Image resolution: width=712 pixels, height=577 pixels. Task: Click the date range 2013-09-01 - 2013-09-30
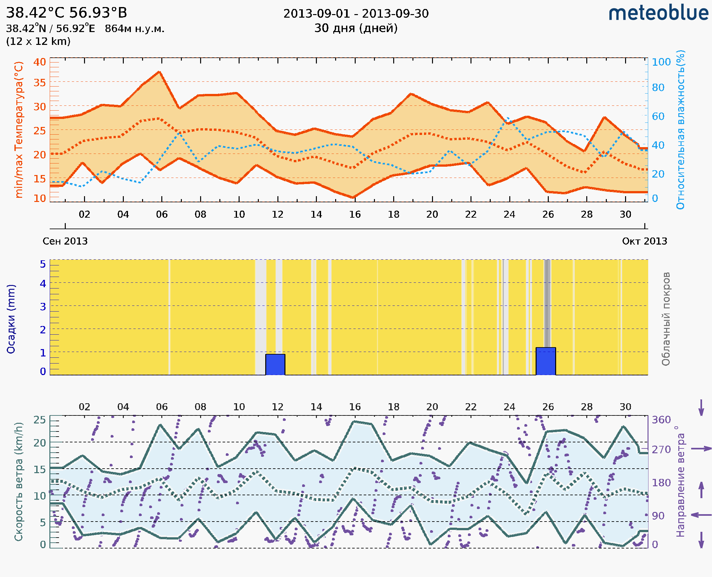[356, 14]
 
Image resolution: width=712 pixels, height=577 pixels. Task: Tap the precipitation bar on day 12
[275, 364]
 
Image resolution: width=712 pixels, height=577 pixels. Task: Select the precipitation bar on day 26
[546, 361]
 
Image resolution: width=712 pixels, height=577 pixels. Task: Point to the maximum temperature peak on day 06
[160, 72]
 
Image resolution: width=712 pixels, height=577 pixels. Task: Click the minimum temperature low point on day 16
[353, 198]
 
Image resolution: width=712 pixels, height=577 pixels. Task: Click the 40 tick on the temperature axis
[39, 62]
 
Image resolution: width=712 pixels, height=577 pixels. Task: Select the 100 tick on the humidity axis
[661, 62]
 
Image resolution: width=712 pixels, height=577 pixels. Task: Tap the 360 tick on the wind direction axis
[661, 420]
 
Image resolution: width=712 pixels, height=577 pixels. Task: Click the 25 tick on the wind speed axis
[39, 420]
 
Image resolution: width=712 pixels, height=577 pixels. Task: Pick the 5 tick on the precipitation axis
[43, 264]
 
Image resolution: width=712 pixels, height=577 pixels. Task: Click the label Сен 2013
[65, 241]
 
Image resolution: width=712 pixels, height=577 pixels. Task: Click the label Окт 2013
[645, 241]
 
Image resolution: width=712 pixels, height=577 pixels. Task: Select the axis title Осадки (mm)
[11, 319]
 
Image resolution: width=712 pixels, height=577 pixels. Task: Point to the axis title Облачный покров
[666, 319]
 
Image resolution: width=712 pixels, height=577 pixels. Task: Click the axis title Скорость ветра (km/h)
[19, 482]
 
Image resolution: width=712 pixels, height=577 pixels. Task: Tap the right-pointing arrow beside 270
[701, 449]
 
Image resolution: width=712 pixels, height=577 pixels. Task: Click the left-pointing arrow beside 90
[701, 515]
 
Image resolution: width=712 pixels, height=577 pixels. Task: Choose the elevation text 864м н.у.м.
[135, 29]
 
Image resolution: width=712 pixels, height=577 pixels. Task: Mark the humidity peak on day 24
[507, 118]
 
